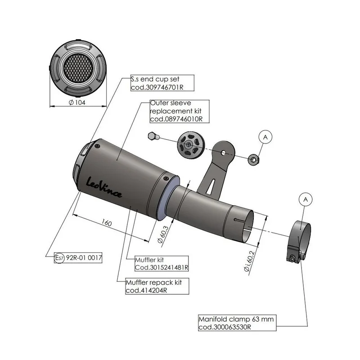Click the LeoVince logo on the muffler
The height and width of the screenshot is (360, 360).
(x=104, y=187)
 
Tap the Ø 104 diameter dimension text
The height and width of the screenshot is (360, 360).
(x=77, y=103)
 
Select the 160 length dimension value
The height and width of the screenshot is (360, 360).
(x=107, y=223)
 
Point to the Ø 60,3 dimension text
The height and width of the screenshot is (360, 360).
(x=163, y=234)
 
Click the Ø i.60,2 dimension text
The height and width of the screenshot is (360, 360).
(x=250, y=261)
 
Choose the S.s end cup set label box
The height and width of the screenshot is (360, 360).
(x=162, y=83)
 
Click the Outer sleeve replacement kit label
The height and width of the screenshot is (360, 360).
(x=179, y=111)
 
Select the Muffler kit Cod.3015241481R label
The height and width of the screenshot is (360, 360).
(x=162, y=264)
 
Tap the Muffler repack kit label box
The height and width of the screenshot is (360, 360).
(x=157, y=286)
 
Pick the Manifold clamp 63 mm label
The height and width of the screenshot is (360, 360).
(x=237, y=323)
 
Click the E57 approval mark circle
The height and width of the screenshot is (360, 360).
(x=59, y=258)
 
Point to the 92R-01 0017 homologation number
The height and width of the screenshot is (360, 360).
(x=84, y=257)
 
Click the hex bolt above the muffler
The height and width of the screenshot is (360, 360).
(x=153, y=136)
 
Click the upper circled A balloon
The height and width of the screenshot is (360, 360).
(x=265, y=137)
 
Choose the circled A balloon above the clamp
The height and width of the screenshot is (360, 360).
(x=306, y=199)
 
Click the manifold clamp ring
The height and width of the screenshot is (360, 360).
(x=298, y=241)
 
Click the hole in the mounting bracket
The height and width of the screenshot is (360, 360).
(x=223, y=153)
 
